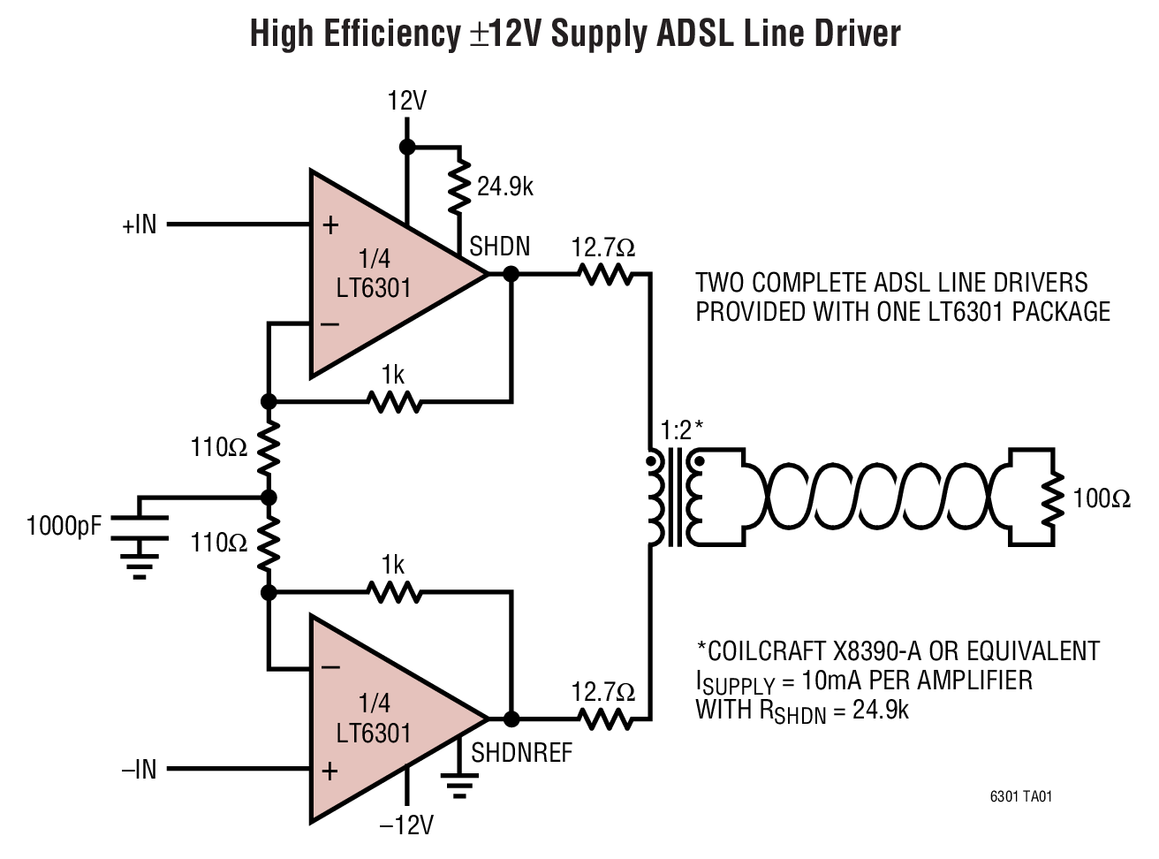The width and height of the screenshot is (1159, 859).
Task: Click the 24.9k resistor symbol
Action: pos(458,186)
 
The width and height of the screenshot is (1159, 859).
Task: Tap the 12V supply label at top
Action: pos(406,101)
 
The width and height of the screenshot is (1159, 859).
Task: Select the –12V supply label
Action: pos(406,825)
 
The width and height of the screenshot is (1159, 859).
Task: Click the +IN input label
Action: pos(139,225)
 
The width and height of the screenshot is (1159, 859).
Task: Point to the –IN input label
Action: pos(139,770)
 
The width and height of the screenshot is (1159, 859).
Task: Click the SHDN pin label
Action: pos(499,247)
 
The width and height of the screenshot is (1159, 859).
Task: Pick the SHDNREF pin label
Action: pos(521,752)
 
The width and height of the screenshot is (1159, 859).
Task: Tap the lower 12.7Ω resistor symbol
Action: pos(605,719)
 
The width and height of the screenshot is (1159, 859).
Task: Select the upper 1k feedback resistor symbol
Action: pos(394,402)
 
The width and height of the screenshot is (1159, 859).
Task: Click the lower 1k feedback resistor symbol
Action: pos(394,592)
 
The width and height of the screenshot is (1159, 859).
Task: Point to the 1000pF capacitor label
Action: pos(64,527)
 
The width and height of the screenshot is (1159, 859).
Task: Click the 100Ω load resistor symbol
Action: pos(1051,499)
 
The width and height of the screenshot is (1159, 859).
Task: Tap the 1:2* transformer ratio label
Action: pos(682,431)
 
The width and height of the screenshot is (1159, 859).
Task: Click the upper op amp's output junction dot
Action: pos(511,275)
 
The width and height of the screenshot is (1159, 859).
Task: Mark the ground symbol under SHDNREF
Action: pos(458,784)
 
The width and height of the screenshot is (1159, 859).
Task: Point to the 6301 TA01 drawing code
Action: pos(1020,796)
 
